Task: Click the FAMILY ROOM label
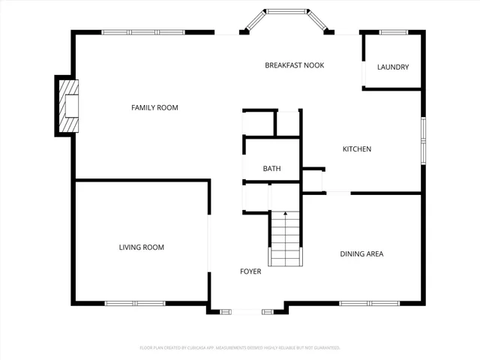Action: point(154,108)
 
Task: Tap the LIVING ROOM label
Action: point(141,247)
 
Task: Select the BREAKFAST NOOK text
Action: point(294,65)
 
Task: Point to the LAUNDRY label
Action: point(393,67)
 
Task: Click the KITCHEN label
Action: point(357,149)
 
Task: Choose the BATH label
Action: point(271,169)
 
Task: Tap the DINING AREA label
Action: point(361,254)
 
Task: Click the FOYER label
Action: point(250,271)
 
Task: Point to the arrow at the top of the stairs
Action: point(285,215)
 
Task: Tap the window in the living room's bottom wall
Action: point(135,303)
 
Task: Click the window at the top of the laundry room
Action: point(393,32)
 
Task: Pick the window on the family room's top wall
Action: point(143,32)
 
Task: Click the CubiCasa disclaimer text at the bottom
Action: point(240,348)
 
